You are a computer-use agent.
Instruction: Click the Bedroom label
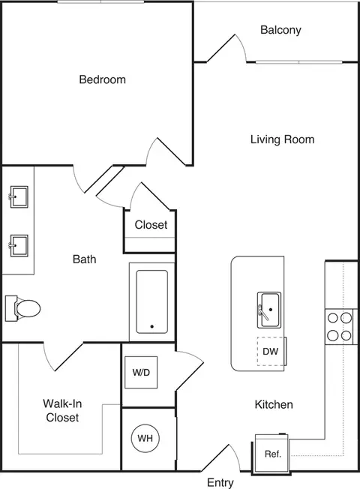pos(102,79)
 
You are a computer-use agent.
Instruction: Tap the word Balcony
pos(280,30)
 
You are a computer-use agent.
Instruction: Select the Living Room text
pos(282,139)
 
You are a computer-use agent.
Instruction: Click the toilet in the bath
pos(22,308)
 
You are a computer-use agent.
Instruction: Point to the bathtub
pos(152,301)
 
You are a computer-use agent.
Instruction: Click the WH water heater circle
pos(145,438)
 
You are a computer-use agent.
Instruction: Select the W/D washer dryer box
pos(141,372)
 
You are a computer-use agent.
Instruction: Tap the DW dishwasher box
pos(271,351)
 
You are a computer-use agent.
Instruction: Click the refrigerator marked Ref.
pos(272,454)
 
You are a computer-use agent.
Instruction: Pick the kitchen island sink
pos(269,310)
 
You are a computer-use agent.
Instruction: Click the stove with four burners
pos(340,327)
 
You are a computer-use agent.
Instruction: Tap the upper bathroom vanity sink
pos(19,196)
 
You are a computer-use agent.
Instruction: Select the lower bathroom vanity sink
pos(19,246)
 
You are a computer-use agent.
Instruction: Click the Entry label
pos(220,482)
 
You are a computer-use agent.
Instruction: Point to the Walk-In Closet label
pos(62,410)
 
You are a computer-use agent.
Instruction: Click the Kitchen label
pos(274,404)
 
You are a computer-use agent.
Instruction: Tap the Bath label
pos(84,259)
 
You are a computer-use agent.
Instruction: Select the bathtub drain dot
pos(152,326)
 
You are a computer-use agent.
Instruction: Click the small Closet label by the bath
pos(151,224)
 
